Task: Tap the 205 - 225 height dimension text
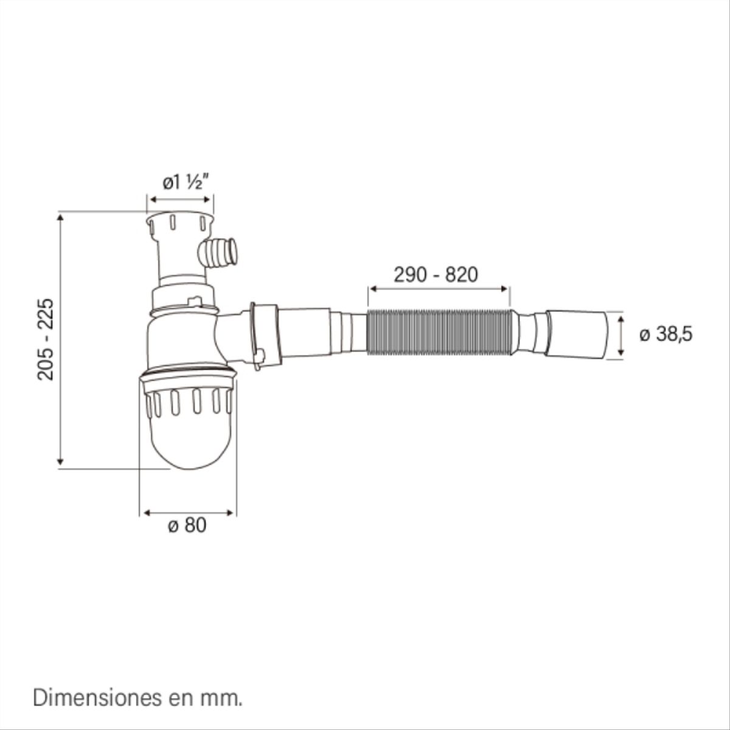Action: (x=47, y=339)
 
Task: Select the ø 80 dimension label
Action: (x=187, y=525)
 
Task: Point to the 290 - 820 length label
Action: (x=436, y=275)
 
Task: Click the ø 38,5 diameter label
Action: (x=666, y=334)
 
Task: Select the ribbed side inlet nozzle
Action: (x=220, y=251)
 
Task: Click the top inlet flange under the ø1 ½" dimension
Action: (x=179, y=220)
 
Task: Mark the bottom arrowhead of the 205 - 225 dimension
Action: (x=60, y=462)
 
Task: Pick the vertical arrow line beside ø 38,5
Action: (x=620, y=335)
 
